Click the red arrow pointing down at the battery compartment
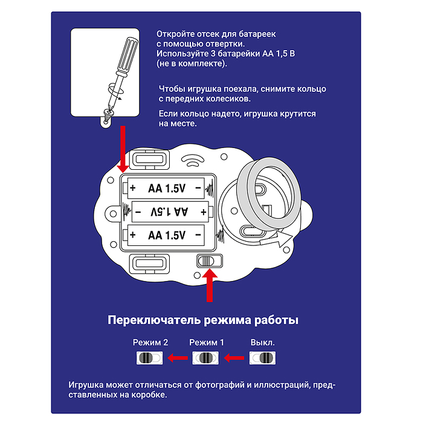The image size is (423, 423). pos(123,149)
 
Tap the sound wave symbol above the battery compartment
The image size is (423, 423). pos(193,160)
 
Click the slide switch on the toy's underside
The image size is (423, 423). pos(209,261)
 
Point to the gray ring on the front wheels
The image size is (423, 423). pos(269,194)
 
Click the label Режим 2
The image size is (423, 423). pos(150,343)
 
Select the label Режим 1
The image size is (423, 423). pos(207,343)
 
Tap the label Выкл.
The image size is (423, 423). pos(262,343)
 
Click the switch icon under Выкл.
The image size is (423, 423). pos(262,358)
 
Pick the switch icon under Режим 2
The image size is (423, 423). pos(150,358)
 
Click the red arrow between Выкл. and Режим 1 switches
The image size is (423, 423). pos(234,358)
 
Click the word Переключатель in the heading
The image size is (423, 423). pos(154,320)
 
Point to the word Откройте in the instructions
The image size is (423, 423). pos(175,34)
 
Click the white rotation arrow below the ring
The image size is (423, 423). pos(276,239)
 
